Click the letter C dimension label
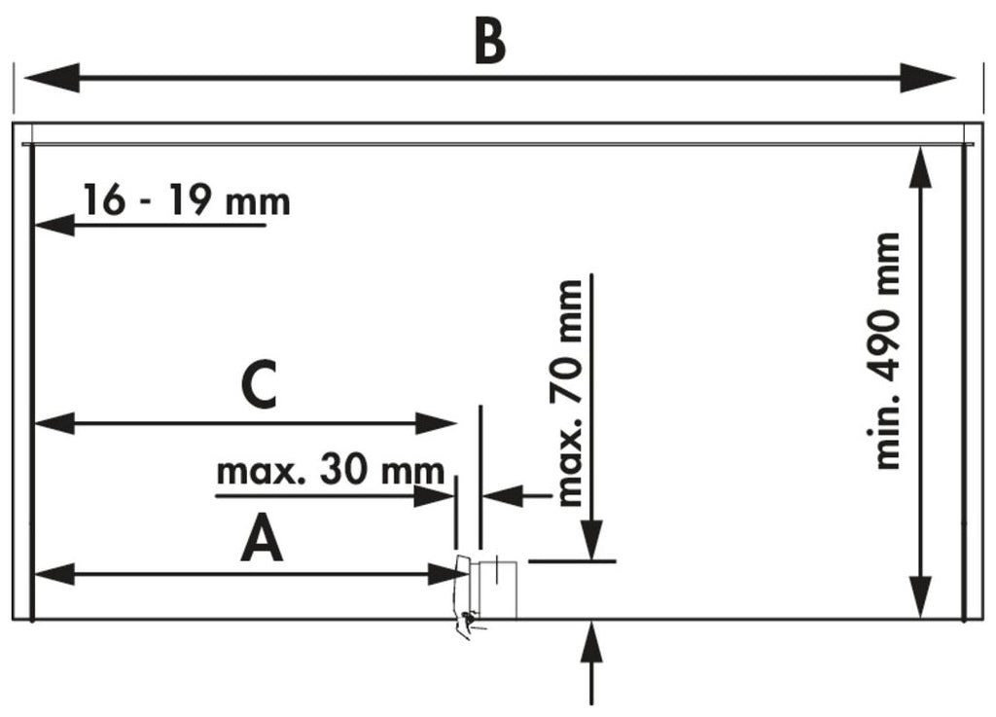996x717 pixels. coord(259,386)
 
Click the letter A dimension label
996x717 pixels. coord(262,540)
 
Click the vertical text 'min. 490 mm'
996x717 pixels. coord(886,350)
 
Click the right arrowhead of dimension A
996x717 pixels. coord(446,575)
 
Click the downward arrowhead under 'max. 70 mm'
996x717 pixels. coord(592,539)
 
